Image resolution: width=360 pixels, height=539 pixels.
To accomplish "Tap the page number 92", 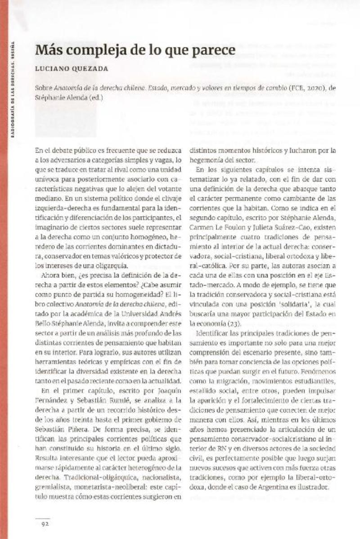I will [45, 523].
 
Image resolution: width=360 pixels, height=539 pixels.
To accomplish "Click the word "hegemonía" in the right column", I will [207, 160].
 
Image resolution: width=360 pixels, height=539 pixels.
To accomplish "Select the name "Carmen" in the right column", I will [200, 228].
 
